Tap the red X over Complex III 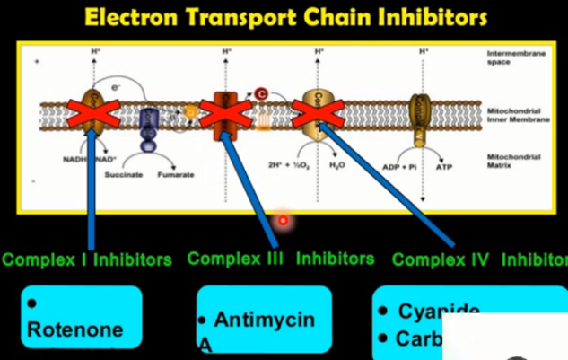[219, 114]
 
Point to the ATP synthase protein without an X [420, 117]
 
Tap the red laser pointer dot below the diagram [283, 219]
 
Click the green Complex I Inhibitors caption [87, 260]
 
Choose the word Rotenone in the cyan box [75, 329]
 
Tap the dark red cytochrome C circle [261, 92]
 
